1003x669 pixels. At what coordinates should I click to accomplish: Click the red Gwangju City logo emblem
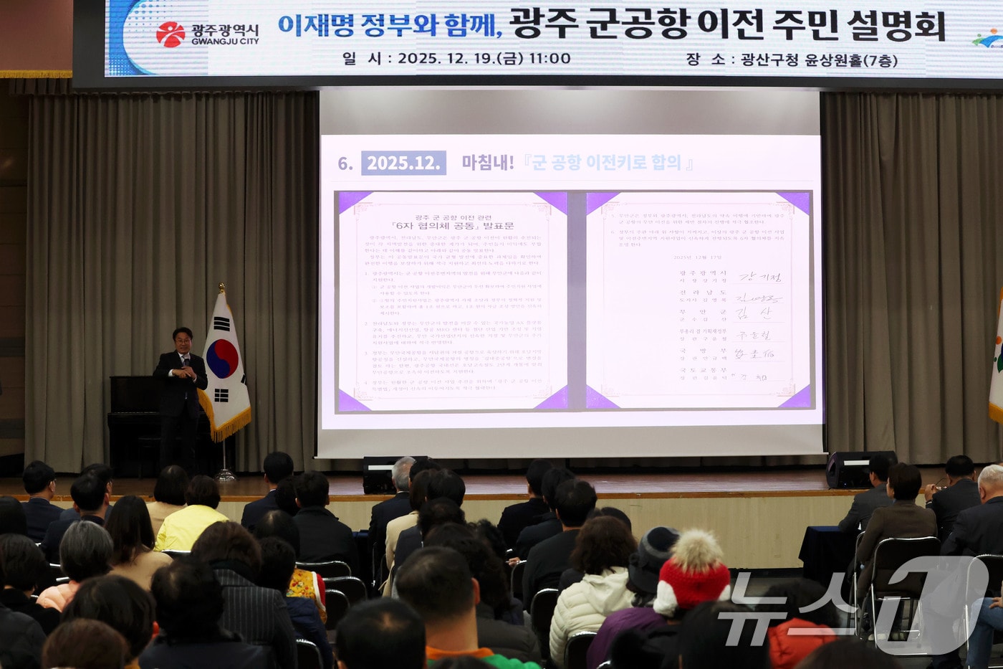pos(171,34)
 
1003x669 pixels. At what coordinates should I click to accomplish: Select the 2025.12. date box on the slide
pos(403,163)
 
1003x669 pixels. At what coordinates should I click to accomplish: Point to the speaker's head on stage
pos(183,339)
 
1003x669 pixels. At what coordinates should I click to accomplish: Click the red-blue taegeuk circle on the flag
pos(221,358)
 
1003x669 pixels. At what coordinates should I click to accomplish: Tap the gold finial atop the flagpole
pos(221,288)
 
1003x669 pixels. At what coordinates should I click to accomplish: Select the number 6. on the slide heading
pos(345,163)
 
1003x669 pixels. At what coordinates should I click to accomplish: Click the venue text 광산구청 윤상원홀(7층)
pos(818,60)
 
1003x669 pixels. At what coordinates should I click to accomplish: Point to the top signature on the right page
pos(760,277)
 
